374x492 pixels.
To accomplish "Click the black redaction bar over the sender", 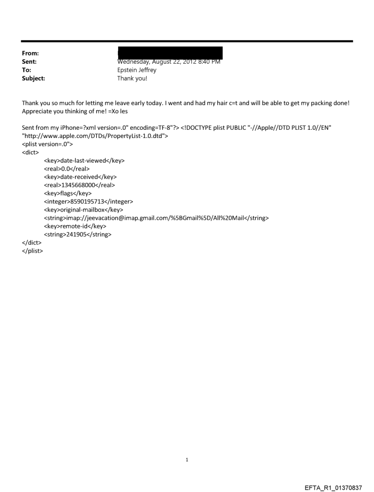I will click(170, 52).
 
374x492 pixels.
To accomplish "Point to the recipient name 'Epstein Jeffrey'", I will click(137, 70).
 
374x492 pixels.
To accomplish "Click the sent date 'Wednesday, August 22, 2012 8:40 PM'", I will click(169, 62).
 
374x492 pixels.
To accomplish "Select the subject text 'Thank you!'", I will click(132, 78).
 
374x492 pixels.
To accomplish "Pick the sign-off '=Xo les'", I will click(117, 111).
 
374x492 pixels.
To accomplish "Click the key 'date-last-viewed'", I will click(84, 160).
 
